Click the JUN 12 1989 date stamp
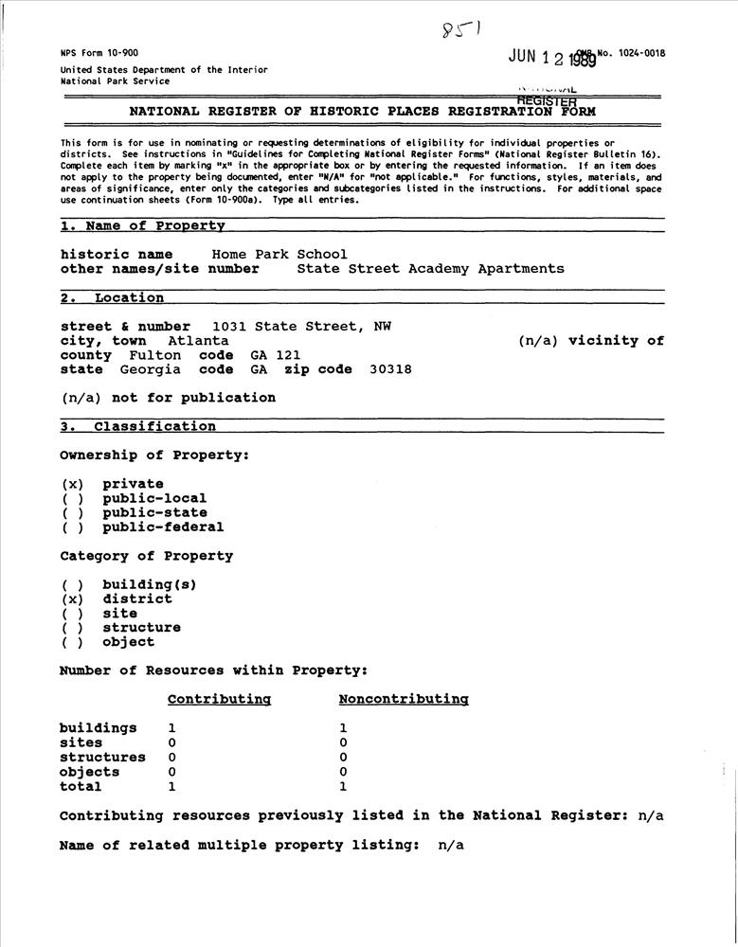coord(551,58)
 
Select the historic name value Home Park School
coord(279,255)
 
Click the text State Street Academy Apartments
coord(430,269)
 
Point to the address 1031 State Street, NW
coord(301,327)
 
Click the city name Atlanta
coord(198,341)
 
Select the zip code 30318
coord(390,369)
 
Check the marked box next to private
coord(73,484)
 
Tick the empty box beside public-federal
coord(73,527)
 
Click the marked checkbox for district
coord(73,599)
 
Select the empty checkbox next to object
coord(73,642)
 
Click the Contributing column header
coord(219,700)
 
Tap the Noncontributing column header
coord(404,700)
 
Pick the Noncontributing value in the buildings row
coord(343,728)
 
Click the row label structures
coord(102,758)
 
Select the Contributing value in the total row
coord(171,786)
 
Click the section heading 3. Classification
coord(138,427)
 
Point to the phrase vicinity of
coord(616,341)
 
